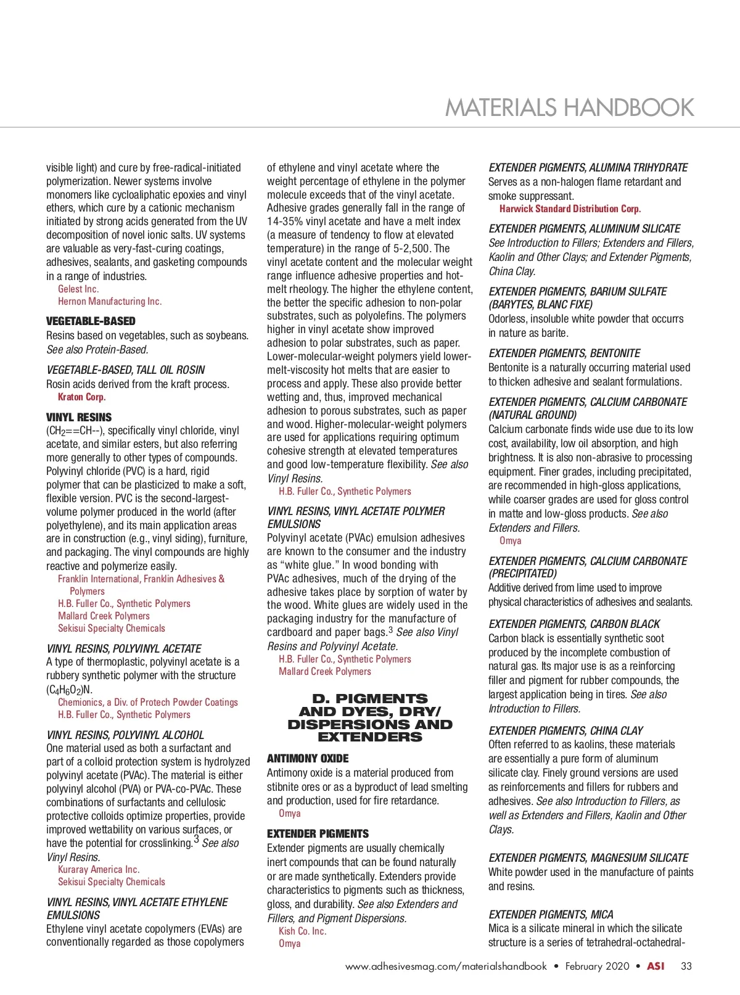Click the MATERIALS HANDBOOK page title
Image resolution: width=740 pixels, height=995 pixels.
point(569,107)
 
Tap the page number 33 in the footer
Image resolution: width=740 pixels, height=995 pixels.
point(686,966)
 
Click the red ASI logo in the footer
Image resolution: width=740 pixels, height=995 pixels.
point(655,966)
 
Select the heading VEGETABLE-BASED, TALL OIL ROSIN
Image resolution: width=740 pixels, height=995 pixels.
point(126,370)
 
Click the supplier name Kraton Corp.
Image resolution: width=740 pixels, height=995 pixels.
point(81,397)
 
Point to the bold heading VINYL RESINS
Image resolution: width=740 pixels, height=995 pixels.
point(79,417)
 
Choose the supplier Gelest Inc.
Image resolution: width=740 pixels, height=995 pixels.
point(78,289)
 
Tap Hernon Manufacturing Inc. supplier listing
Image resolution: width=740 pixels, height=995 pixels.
point(110,301)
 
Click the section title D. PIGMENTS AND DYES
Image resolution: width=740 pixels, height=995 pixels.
point(370,717)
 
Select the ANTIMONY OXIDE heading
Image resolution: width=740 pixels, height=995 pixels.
point(308,758)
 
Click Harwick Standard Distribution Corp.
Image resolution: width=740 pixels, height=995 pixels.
point(570,208)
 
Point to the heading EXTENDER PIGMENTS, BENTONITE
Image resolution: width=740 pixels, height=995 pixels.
point(564,353)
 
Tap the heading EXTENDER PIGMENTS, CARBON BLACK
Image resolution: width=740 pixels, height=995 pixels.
point(574,624)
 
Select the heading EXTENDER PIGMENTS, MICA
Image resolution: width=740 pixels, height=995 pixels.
point(551,914)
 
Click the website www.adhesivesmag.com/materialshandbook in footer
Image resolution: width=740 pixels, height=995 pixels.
point(446,966)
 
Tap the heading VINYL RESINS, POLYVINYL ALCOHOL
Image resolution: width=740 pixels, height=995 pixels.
point(125,735)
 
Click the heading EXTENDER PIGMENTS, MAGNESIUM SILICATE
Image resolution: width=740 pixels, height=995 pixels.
point(588,857)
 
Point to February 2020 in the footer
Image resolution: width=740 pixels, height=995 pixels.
point(597,966)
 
